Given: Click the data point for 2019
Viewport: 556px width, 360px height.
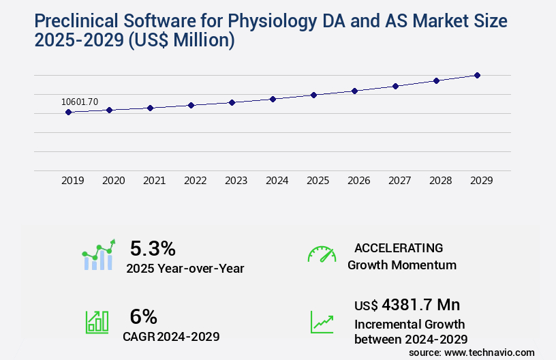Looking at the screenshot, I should (68, 112).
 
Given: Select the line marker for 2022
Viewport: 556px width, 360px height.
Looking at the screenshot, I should (191, 105).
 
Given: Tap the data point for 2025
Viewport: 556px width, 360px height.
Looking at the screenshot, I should (313, 95).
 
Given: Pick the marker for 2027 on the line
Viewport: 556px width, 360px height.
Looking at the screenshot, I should (395, 86).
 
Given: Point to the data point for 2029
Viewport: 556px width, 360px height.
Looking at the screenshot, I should (477, 75).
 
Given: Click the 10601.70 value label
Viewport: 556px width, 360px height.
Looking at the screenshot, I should (80, 102).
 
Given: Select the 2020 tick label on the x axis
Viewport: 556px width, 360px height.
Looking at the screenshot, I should (114, 181).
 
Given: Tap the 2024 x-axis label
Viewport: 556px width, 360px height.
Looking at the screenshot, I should (277, 181).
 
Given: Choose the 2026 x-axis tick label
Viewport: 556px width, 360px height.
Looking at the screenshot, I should (359, 181).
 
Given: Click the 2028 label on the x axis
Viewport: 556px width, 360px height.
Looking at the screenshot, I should (441, 181).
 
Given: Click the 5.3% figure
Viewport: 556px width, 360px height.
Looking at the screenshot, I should (153, 247).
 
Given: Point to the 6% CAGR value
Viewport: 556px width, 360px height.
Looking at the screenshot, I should (143, 316).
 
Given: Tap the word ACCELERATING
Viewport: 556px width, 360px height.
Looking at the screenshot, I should (399, 247).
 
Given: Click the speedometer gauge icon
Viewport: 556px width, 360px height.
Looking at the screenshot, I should (322, 254).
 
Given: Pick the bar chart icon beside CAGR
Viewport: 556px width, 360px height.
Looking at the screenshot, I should (97, 322).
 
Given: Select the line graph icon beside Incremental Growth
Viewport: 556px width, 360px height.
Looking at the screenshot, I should (322, 322).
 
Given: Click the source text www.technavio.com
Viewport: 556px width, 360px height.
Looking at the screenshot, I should (490, 352).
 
